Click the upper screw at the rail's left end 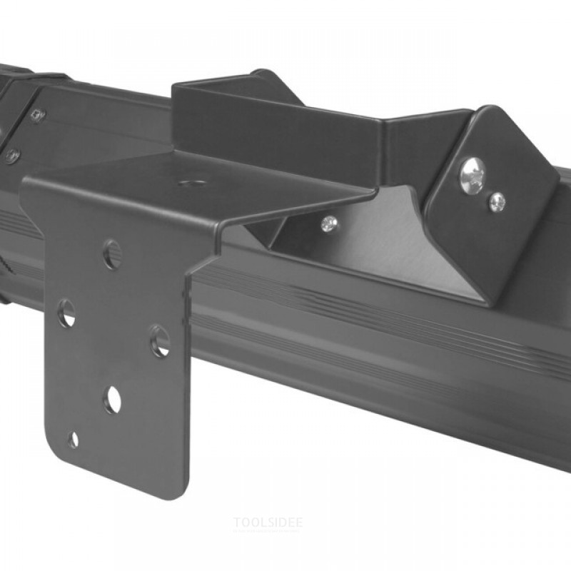coord(38,116)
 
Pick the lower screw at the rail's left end coord(13,156)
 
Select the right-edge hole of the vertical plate coord(160,340)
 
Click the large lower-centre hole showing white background coord(113,400)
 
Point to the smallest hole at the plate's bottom coord(74,440)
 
